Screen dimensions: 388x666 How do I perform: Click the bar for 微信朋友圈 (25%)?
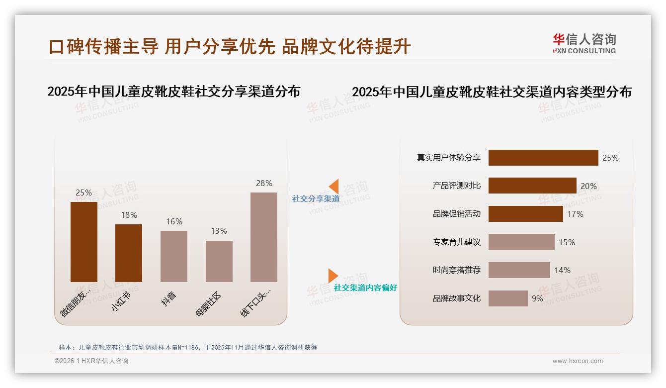point(84,242)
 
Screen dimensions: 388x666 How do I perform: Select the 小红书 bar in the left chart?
point(129,253)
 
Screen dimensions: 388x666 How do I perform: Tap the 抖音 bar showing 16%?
point(174,256)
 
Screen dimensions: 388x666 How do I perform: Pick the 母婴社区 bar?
point(219,261)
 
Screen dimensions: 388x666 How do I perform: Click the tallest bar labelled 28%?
point(264,237)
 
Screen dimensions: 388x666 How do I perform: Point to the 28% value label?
point(264,183)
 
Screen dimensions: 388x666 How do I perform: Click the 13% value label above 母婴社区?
point(219,231)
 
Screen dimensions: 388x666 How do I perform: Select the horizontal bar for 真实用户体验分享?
point(543,158)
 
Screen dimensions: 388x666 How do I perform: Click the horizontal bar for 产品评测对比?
point(532,186)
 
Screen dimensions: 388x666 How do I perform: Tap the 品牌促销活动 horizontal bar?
point(525,214)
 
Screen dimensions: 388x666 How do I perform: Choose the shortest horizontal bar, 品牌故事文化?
point(507,298)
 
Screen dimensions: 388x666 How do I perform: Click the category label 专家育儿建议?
point(456,242)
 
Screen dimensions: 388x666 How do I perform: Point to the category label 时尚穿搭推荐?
point(456,270)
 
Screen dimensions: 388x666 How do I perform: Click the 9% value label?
point(537,299)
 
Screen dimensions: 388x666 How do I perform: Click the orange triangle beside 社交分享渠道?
point(333,187)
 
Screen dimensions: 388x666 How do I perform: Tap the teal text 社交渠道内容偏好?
point(365,288)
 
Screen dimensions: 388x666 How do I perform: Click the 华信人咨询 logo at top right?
point(584,44)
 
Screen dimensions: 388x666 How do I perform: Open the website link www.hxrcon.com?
point(577,361)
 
